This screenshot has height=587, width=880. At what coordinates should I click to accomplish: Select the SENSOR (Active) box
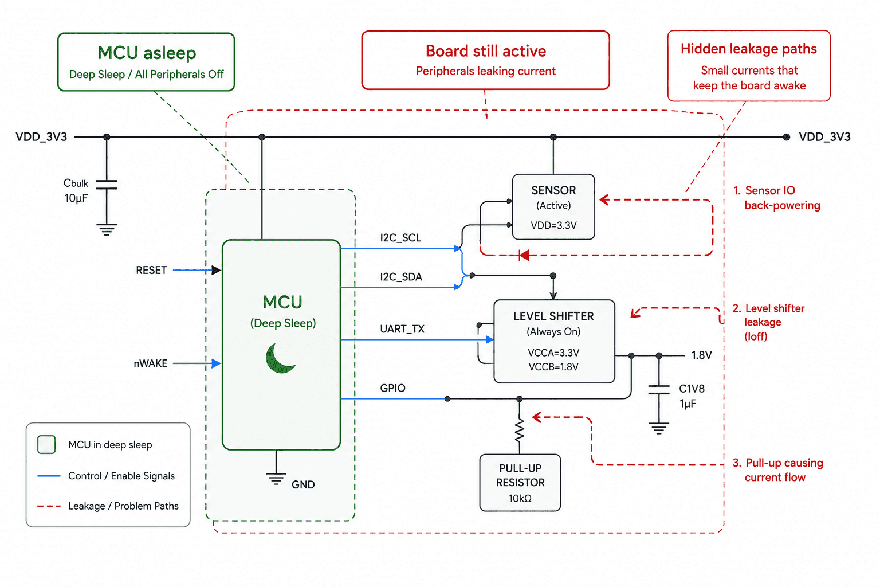[x=553, y=207]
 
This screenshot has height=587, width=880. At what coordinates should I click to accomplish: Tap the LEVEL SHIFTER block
[x=554, y=341]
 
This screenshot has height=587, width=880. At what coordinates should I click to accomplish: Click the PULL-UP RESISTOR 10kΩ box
[x=520, y=483]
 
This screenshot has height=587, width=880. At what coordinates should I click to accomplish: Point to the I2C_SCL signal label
[x=400, y=238]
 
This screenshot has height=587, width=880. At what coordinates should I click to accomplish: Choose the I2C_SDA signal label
[x=400, y=277]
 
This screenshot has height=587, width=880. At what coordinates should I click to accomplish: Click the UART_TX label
[x=402, y=329]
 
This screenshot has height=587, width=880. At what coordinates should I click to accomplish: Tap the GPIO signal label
[x=392, y=389]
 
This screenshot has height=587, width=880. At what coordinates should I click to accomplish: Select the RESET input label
[x=151, y=271]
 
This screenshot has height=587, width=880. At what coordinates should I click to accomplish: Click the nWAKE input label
[x=151, y=363]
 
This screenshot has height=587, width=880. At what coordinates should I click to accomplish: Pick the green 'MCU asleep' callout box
[x=146, y=62]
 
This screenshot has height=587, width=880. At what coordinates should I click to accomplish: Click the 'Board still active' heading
[x=486, y=51]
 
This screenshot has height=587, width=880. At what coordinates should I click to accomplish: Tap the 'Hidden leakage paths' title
[x=748, y=49]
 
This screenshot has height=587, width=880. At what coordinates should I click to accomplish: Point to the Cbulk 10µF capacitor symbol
[x=107, y=185]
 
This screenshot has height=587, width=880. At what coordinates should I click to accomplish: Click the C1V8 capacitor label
[x=692, y=389]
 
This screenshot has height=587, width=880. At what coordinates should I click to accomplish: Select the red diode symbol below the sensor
[x=524, y=255]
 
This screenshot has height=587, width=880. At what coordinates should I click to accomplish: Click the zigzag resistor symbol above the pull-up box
[x=520, y=431]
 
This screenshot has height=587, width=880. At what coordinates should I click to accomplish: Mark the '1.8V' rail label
[x=701, y=355]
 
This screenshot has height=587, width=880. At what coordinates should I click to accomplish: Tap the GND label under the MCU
[x=303, y=485]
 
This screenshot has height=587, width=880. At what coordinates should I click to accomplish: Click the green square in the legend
[x=46, y=445]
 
